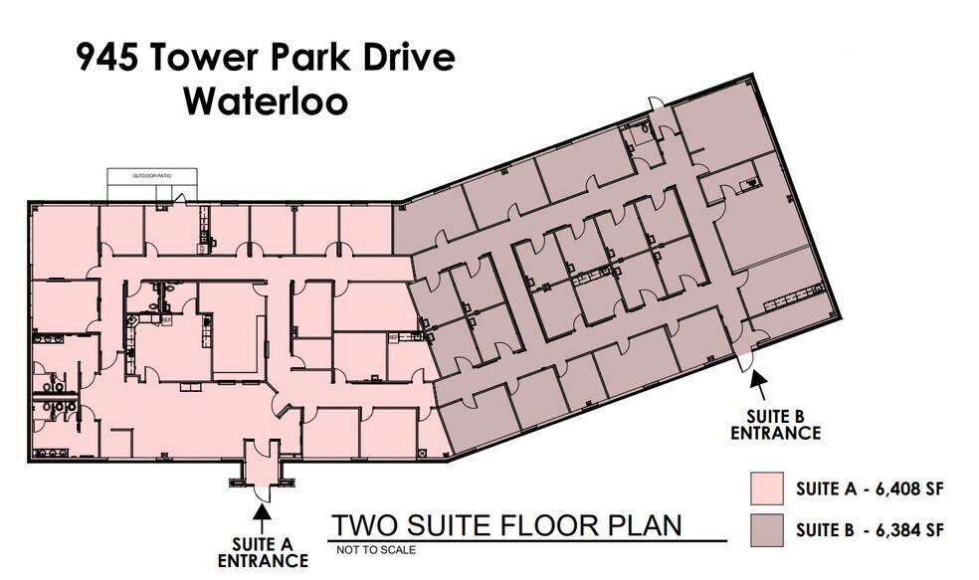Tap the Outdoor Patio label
pyautogui.click(x=152, y=176)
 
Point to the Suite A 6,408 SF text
pyautogui.click(x=869, y=490)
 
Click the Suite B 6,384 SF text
pyautogui.click(x=869, y=530)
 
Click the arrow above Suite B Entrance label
pyautogui.click(x=758, y=380)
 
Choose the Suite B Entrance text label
pyautogui.click(x=775, y=424)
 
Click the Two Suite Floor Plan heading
pyautogui.click(x=506, y=524)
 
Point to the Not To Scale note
pyautogui.click(x=376, y=549)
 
